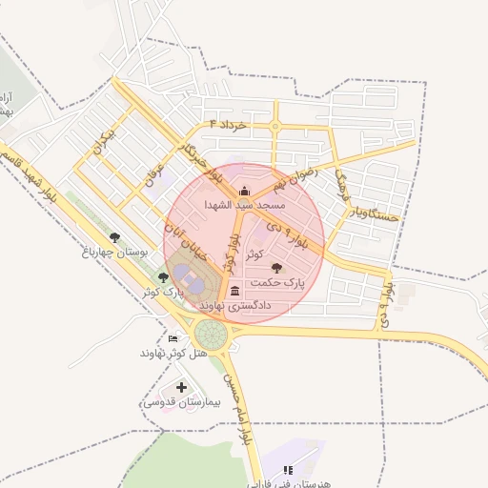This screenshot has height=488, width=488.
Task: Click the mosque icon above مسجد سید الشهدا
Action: coord(245,191)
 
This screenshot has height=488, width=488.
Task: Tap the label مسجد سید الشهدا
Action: coord(245,204)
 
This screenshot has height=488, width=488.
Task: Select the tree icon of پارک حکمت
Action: coord(277,269)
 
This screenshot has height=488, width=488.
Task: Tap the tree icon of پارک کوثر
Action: coord(163,277)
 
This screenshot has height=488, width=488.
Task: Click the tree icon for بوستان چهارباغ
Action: coord(115,237)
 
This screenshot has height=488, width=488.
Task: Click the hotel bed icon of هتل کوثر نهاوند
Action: coord(173,338)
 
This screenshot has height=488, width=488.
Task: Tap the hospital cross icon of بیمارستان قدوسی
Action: coord(181,388)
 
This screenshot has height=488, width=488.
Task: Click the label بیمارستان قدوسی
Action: coord(181,402)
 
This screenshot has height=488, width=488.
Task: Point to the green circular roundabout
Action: coord(210,335)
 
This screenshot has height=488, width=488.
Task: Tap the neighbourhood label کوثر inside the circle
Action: coord(254,254)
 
